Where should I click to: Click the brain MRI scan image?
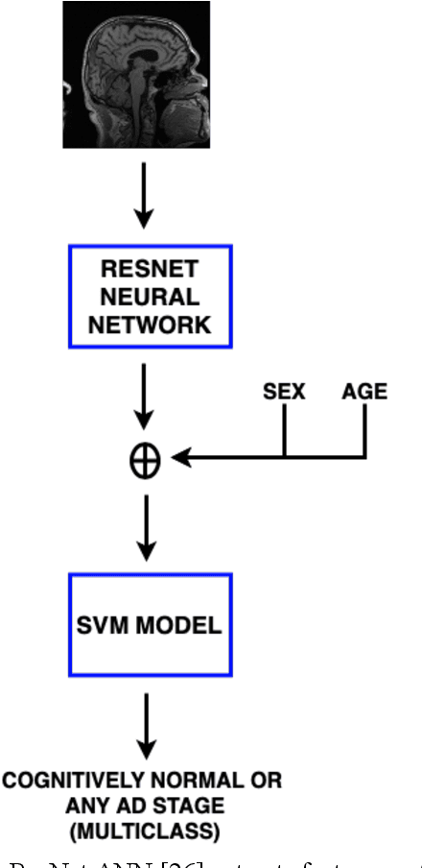(x=136, y=75)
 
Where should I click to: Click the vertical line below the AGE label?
(x=364, y=435)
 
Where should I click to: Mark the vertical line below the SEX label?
(x=285, y=435)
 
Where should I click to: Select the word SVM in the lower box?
(x=104, y=626)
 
